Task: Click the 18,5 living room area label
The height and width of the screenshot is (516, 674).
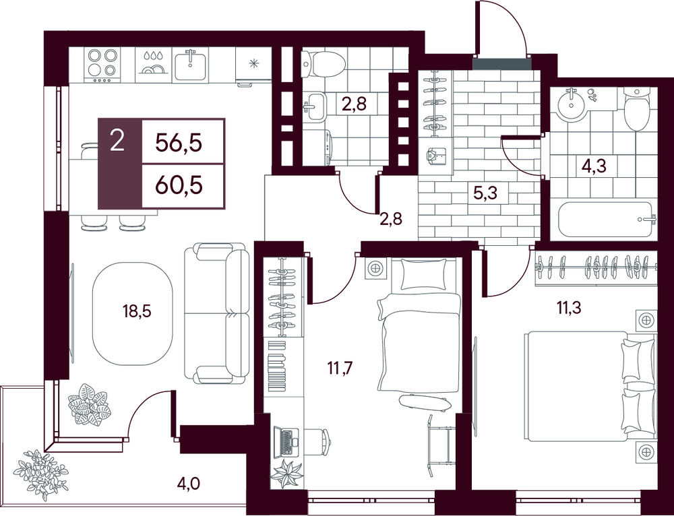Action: pyautogui.click(x=137, y=311)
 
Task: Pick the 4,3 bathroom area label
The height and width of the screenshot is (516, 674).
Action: pyautogui.click(x=594, y=165)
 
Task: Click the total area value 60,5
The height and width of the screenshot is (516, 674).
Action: pyautogui.click(x=179, y=186)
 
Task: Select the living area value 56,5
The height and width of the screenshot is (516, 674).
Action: pyautogui.click(x=179, y=142)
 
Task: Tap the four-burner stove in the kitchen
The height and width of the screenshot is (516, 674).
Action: pyautogui.click(x=102, y=65)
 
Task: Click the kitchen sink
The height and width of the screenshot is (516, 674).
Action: pyautogui.click(x=190, y=65)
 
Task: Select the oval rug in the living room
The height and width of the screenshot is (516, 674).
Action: pyautogui.click(x=132, y=314)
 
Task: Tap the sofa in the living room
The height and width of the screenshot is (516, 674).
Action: pyautogui.click(x=216, y=313)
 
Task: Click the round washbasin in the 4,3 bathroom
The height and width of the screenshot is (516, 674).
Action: pyautogui.click(x=572, y=102)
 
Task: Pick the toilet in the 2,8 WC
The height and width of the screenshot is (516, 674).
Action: pyautogui.click(x=324, y=64)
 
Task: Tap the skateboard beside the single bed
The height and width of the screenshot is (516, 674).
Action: pyautogui.click(x=425, y=402)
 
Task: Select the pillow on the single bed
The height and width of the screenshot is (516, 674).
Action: pyautogui.click(x=424, y=275)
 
